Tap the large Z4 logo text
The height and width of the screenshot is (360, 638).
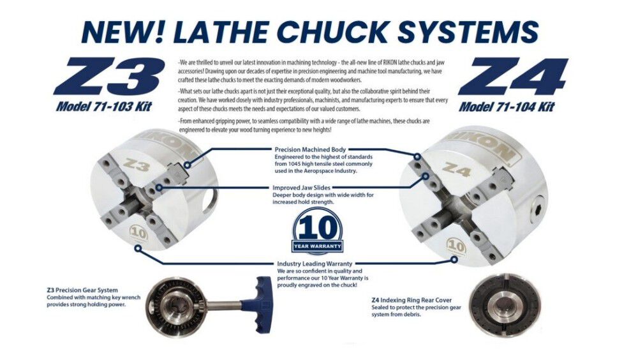(513, 77)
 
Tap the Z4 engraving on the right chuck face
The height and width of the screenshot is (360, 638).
(457, 169)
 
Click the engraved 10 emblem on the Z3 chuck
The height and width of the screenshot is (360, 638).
(138, 234)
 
